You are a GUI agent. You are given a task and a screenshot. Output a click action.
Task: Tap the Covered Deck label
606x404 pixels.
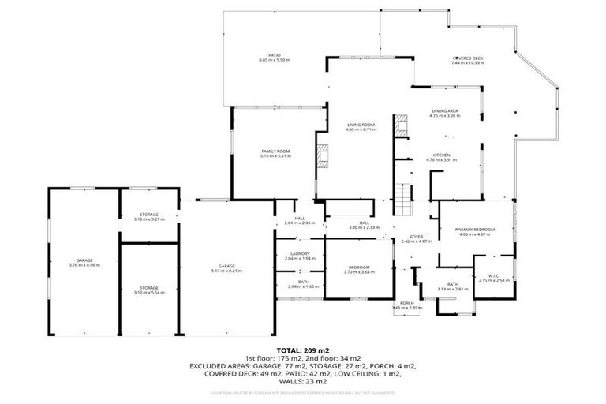[467, 60]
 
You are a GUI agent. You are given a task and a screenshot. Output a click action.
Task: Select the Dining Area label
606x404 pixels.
[444, 113]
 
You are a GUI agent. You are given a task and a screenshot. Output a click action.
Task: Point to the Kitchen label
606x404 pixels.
[441, 157]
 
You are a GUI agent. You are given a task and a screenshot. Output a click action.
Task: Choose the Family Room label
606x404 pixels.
[276, 153]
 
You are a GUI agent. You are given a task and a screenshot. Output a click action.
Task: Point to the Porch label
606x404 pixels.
[407, 305]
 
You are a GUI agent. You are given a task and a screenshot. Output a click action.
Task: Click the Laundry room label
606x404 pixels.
[300, 256]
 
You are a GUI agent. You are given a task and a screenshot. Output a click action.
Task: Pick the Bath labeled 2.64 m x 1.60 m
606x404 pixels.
[300, 284]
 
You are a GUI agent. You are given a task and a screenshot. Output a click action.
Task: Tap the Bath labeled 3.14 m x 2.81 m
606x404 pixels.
[452, 286]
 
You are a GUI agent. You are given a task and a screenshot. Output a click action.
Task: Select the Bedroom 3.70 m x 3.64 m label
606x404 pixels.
[357, 270]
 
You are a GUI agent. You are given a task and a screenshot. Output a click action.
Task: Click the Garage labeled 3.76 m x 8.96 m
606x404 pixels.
[84, 263]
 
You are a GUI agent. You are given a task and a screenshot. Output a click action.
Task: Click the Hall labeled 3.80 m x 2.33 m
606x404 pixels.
[365, 225]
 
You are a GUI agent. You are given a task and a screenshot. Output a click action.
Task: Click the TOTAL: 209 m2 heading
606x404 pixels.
[302, 350]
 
